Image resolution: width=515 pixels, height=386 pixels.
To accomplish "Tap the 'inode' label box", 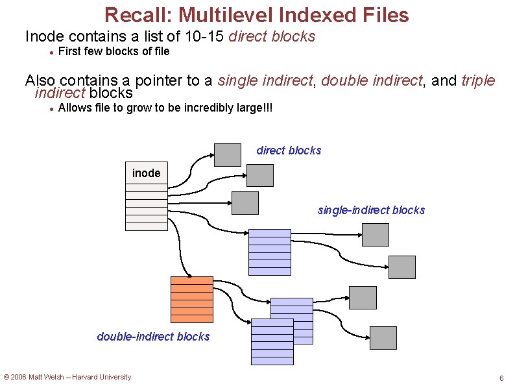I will (x=146, y=173).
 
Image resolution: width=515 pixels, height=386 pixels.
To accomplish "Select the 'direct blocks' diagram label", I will (x=289, y=151).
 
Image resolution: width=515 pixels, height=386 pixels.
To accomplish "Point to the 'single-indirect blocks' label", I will (x=371, y=210).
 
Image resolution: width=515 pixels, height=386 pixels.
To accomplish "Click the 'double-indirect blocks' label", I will (x=153, y=336).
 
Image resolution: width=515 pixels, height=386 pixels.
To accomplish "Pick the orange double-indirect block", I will (x=191, y=300).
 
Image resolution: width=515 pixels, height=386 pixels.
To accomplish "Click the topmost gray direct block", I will (x=227, y=154).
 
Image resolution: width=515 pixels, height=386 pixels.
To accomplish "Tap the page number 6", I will (x=501, y=378).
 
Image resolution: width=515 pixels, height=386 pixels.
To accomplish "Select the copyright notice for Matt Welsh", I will (x=67, y=377).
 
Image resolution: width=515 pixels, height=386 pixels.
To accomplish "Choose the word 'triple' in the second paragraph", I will (x=478, y=80).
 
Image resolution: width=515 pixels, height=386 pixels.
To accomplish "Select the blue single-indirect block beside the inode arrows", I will (x=270, y=252).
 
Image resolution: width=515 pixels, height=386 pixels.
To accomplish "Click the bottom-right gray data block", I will (x=383, y=338).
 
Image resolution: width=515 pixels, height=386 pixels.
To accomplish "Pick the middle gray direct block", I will (x=260, y=175).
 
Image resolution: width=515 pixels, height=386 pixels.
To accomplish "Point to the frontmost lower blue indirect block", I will (x=272, y=342).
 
